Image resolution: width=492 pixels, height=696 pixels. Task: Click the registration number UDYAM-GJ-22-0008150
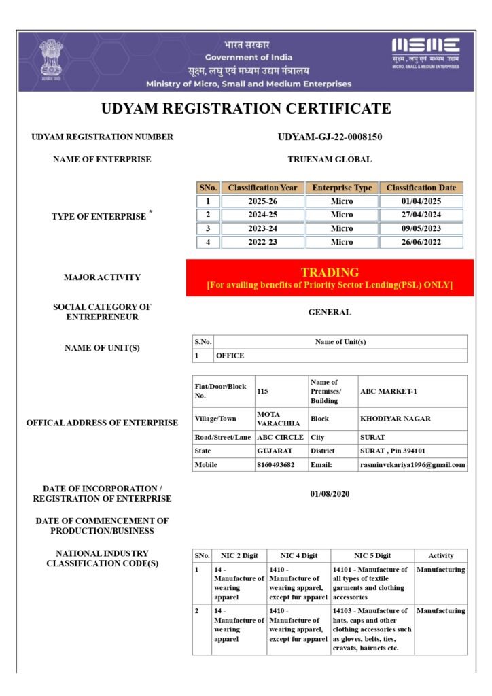(x=330, y=137)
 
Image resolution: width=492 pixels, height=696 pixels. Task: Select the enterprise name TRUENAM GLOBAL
(x=330, y=159)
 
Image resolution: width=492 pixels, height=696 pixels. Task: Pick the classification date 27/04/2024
(x=421, y=215)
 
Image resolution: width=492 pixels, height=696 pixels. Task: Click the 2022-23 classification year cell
(x=262, y=242)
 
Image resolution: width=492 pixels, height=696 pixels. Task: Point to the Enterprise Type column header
(x=342, y=188)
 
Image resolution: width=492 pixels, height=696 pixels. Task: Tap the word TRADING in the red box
(x=330, y=273)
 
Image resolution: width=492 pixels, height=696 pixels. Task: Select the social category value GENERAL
(x=330, y=313)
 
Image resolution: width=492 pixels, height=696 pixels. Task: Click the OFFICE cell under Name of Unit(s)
(x=230, y=355)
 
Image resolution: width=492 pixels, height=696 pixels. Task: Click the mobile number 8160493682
(x=276, y=465)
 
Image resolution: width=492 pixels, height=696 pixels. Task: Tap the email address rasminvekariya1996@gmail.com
(x=412, y=465)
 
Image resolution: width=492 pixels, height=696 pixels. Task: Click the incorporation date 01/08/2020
(x=330, y=493)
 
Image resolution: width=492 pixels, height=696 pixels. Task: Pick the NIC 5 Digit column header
(x=372, y=555)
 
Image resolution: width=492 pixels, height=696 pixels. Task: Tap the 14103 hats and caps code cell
(x=372, y=629)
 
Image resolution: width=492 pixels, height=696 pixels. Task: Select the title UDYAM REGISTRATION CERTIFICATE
(x=246, y=108)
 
